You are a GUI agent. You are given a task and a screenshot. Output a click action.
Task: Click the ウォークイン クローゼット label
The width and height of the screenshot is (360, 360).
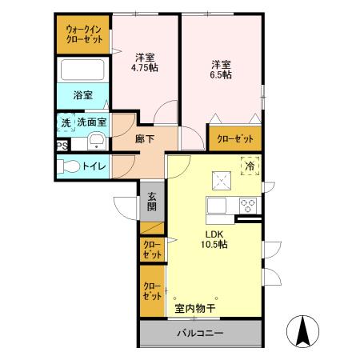click(x=82, y=34)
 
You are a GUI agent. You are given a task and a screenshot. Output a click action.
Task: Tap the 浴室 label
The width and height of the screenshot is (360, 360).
click(x=82, y=95)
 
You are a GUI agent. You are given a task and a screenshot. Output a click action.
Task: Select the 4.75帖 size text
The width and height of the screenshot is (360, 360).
click(x=145, y=68)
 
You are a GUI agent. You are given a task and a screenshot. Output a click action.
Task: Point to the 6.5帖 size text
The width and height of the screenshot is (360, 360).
click(x=222, y=74)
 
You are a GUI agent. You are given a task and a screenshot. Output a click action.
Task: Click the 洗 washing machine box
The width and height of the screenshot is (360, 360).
click(x=64, y=123)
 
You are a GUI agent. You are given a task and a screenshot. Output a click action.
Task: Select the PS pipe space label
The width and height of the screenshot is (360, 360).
click(x=62, y=145)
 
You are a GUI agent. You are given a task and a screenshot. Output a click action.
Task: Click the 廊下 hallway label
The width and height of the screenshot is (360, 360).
click(x=145, y=138)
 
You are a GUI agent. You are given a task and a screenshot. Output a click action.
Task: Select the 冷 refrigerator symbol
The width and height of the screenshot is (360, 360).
click(x=249, y=166)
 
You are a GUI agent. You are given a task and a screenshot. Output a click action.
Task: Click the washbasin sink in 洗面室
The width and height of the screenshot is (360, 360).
click(x=95, y=142)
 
